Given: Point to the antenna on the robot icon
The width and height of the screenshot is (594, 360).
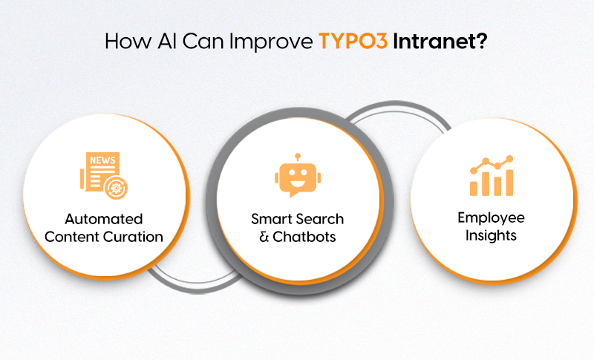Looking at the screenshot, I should coord(297,157).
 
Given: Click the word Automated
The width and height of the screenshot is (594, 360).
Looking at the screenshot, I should coord(103,220).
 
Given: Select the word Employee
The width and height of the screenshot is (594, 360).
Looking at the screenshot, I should coord(491,217).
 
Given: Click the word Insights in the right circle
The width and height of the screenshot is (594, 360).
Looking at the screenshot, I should coord(491,236).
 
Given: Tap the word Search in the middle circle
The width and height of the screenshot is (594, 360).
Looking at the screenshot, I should coord(321,219).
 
